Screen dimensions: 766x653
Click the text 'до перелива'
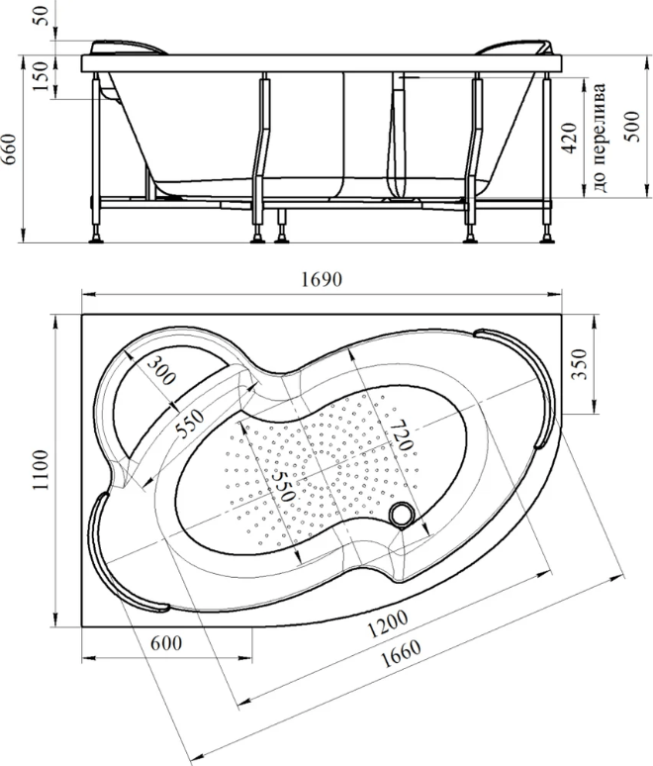pyautogui.click(x=599, y=138)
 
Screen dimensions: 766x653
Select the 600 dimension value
pyautogui.click(x=165, y=642)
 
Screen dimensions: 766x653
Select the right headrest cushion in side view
pyautogui.click(x=516, y=48)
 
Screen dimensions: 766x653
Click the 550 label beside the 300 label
pyautogui.click(x=190, y=423)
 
